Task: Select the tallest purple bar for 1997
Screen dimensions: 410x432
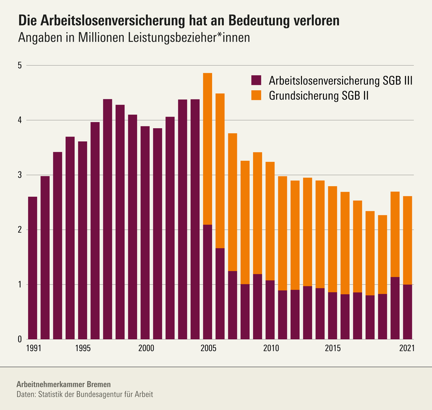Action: click(107, 219)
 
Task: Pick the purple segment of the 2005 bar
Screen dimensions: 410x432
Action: click(208, 282)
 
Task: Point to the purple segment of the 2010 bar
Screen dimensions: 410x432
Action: click(270, 309)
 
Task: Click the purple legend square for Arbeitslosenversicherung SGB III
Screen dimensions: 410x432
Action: click(256, 80)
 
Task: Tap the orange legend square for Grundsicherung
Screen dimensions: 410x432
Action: click(256, 96)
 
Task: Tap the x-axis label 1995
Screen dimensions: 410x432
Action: click(83, 349)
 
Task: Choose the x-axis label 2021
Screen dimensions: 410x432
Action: click(406, 349)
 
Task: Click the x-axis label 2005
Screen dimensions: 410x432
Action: click(208, 349)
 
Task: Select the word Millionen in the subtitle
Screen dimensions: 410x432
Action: click(104, 38)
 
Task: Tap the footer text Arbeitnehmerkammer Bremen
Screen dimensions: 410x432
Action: click(64, 384)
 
